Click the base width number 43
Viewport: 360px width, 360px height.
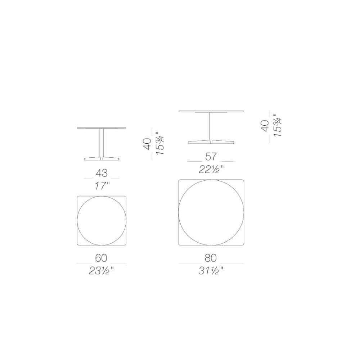click(102, 173)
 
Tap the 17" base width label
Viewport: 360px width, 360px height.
click(102, 186)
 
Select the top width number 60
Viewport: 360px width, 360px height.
click(101, 258)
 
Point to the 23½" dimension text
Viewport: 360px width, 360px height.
click(101, 271)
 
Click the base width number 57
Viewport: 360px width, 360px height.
click(211, 157)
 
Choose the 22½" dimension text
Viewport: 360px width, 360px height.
click(211, 170)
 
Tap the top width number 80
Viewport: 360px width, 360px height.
click(211, 258)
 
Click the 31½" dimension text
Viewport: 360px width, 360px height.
click(211, 271)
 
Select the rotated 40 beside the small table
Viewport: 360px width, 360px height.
click(147, 144)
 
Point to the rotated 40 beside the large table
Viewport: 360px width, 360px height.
click(265, 126)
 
